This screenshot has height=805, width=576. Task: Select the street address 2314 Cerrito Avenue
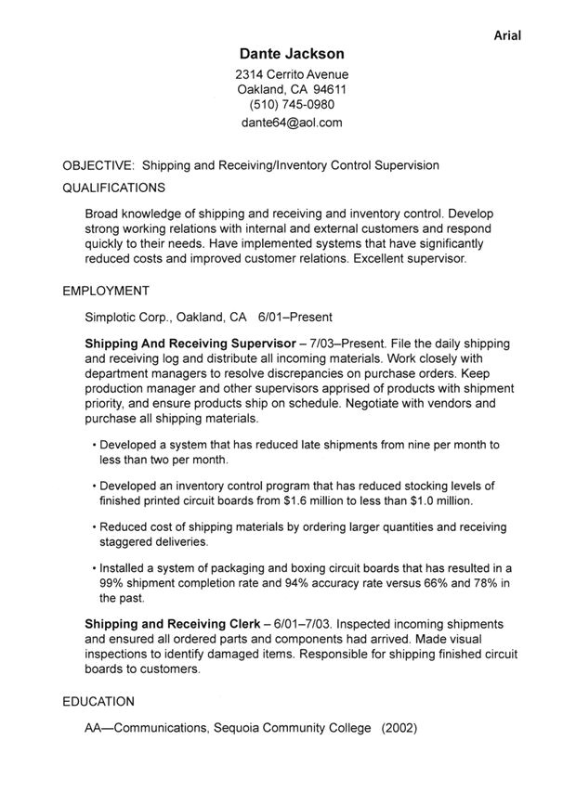[x=292, y=74]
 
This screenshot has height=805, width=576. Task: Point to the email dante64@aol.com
[x=292, y=122]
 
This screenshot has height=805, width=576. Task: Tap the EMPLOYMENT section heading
[x=106, y=291]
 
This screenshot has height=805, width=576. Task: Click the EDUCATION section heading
[x=98, y=701]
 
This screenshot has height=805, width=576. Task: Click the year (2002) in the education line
[x=399, y=728]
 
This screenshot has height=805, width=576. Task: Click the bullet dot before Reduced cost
[x=95, y=527]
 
